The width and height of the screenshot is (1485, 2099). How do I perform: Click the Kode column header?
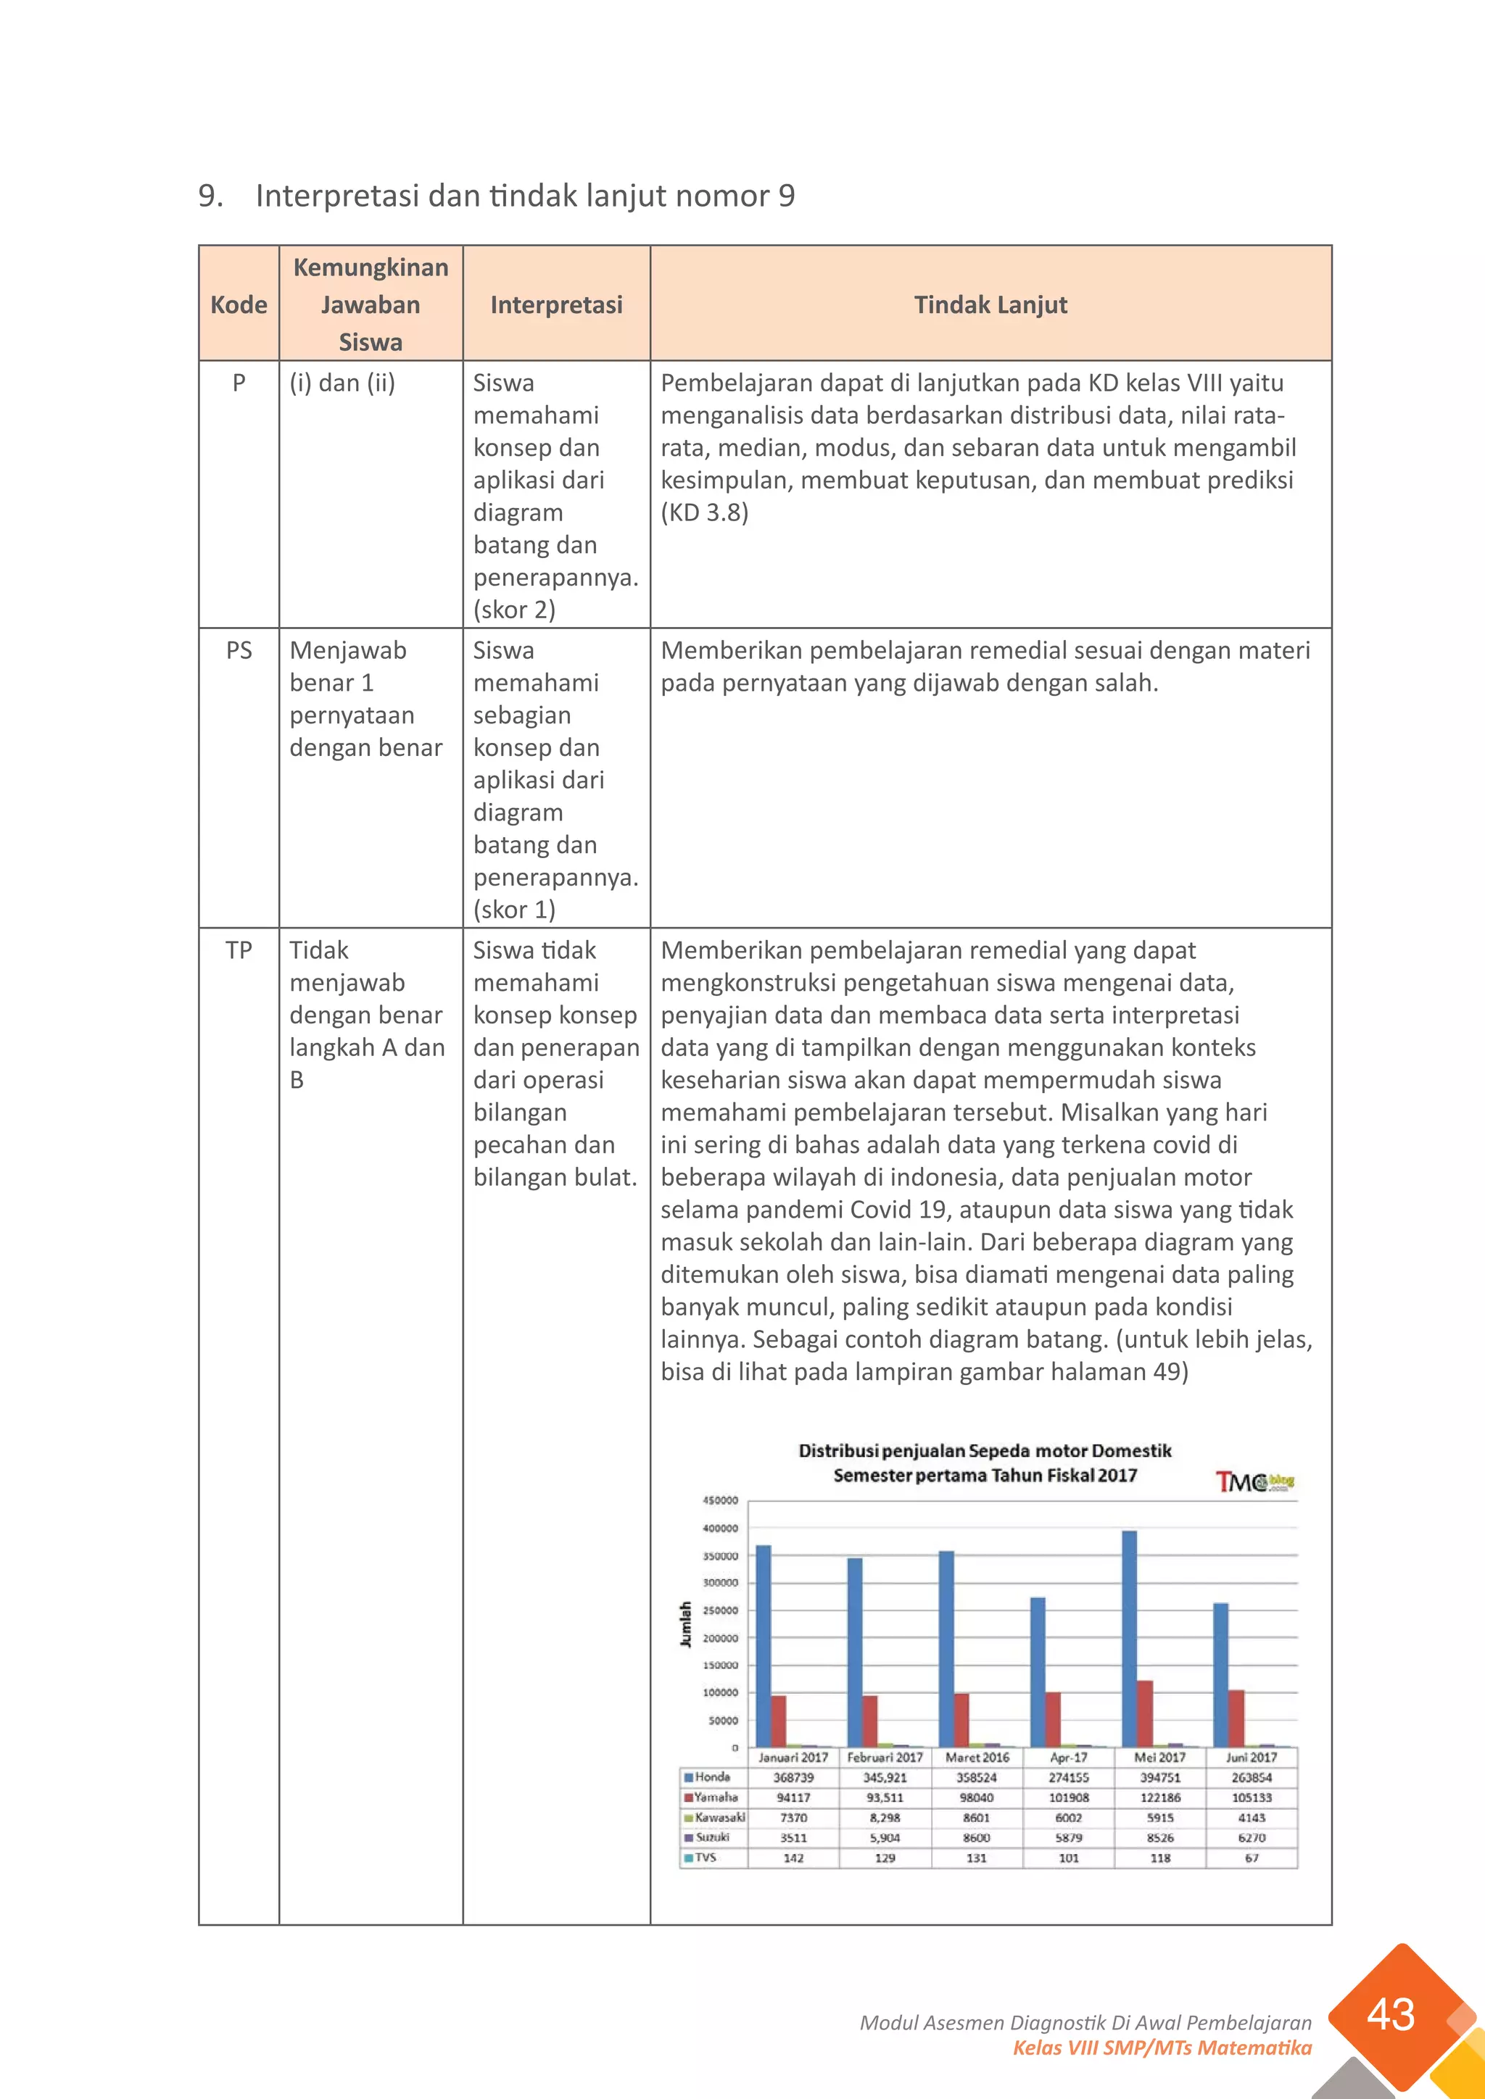tap(239, 304)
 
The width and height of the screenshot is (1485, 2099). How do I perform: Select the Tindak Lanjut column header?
tap(990, 304)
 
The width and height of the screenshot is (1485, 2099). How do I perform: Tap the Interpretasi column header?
tap(556, 304)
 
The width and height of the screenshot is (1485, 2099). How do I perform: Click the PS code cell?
tap(239, 650)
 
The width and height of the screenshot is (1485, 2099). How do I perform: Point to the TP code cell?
tap(239, 950)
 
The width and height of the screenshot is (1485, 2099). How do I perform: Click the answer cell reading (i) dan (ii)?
tap(342, 382)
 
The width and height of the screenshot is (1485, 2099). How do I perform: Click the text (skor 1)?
tap(514, 910)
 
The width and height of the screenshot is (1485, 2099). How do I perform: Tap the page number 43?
tap(1390, 2015)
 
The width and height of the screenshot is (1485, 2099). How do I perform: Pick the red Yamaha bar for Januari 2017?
tap(778, 1721)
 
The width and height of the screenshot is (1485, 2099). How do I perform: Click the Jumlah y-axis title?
tap(685, 1624)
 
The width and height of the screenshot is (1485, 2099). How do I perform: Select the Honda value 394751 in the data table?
tap(1159, 1777)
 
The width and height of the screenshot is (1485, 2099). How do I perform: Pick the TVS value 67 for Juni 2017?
tap(1251, 1858)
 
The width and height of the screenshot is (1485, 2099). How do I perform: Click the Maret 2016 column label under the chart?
tap(977, 1757)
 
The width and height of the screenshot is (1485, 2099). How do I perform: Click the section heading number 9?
tap(210, 196)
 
